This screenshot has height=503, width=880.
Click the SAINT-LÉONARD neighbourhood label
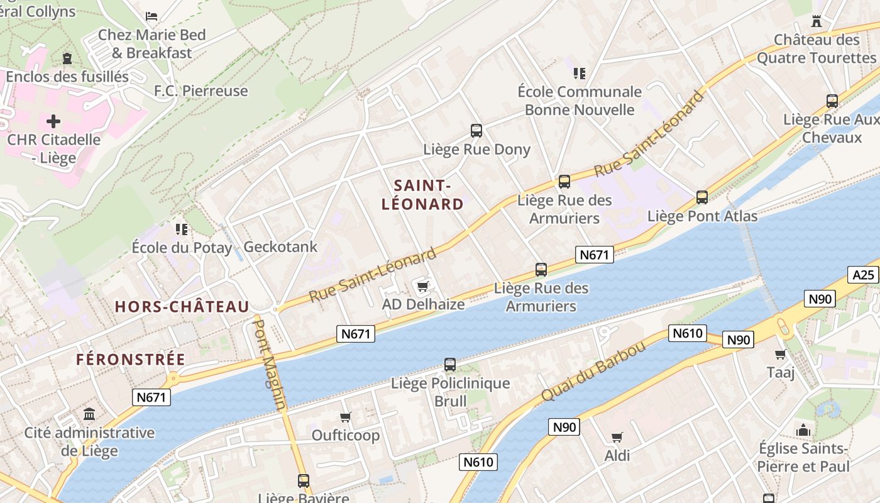[422, 195]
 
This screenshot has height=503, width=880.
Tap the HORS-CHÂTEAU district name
[182, 307]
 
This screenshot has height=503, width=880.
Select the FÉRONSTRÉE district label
[131, 360]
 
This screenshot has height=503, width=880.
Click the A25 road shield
[864, 275]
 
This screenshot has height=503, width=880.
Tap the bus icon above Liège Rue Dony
[476, 131]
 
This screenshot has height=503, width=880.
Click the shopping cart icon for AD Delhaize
[423, 287]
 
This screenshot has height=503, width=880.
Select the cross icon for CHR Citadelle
[53, 121]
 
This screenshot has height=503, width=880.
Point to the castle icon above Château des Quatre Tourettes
[817, 21]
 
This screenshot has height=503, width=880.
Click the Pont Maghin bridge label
[269, 365]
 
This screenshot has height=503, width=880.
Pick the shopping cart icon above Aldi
[617, 437]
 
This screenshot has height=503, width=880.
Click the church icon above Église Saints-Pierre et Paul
[803, 431]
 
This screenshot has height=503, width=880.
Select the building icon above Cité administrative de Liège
[89, 414]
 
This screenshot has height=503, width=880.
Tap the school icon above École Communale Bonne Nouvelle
[580, 74]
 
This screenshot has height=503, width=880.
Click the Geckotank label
[280, 247]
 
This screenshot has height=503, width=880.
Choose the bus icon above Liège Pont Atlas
[702, 197]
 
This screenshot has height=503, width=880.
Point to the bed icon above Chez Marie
[151, 16]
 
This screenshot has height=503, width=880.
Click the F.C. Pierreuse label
[201, 91]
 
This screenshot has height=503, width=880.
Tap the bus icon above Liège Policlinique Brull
[450, 365]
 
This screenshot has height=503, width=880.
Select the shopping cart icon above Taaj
[781, 354]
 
